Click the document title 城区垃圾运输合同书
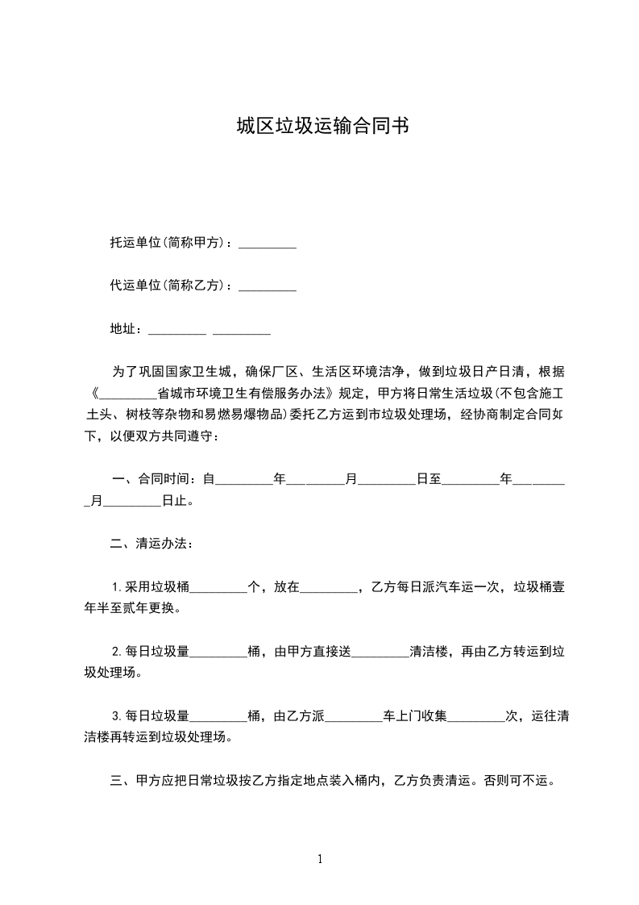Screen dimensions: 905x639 (x=319, y=127)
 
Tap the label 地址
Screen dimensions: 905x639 (x=125, y=329)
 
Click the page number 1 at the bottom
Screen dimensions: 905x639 (x=320, y=859)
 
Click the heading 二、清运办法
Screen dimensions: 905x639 (x=151, y=544)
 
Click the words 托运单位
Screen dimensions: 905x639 (x=135, y=243)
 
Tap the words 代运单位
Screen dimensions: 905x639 (x=135, y=286)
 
